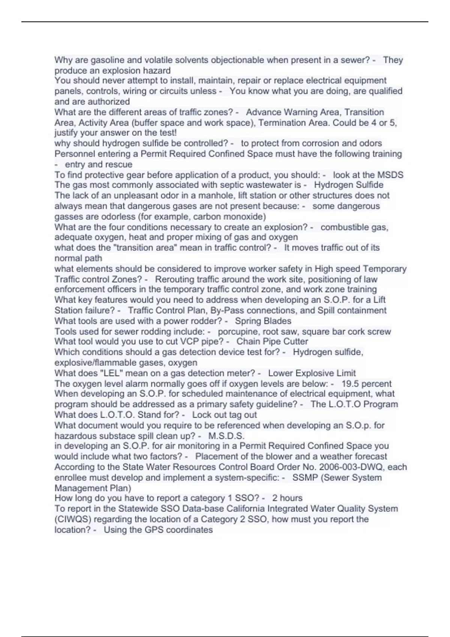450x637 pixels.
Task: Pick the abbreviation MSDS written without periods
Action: (390, 175)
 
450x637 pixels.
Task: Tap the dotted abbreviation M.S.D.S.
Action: (226, 436)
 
